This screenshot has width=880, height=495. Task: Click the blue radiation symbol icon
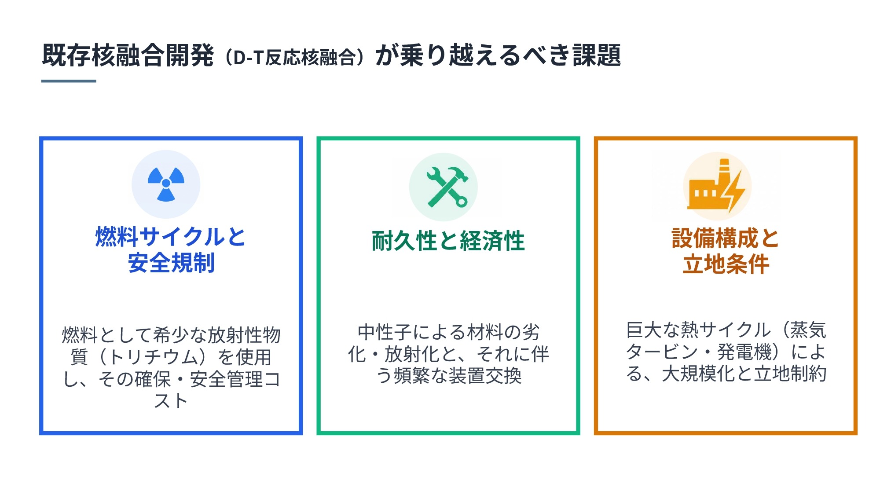click(x=166, y=184)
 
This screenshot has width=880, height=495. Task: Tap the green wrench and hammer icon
click(x=447, y=187)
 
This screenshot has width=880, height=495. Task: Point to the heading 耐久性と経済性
click(x=448, y=241)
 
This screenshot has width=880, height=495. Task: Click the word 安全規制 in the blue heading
click(x=171, y=263)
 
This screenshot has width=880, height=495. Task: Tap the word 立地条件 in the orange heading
click(x=726, y=264)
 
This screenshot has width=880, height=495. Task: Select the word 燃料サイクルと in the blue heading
click(x=171, y=237)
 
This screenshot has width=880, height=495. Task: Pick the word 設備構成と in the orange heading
click(x=726, y=238)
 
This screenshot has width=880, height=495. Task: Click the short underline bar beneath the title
click(x=69, y=81)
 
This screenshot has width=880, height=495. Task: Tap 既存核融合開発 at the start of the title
click(x=128, y=55)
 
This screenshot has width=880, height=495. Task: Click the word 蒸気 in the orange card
click(x=808, y=330)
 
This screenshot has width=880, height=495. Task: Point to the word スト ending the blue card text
click(x=171, y=401)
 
